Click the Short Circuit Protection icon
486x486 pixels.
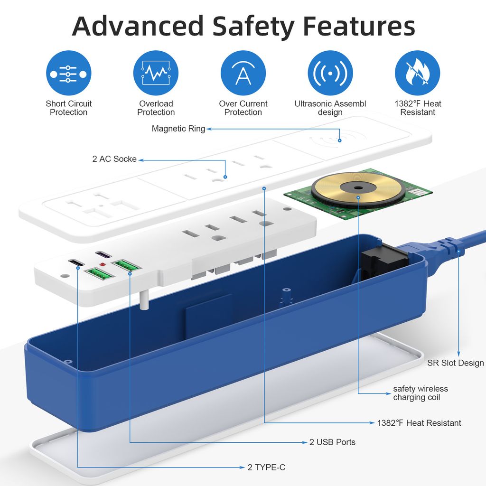click(x=68, y=74)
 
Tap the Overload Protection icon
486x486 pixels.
click(x=156, y=74)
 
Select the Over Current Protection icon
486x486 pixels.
click(x=243, y=74)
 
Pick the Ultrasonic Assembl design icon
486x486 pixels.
click(x=330, y=74)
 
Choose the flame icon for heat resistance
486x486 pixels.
click(x=417, y=74)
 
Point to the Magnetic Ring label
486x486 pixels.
click(x=178, y=129)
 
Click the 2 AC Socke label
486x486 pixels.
click(x=114, y=159)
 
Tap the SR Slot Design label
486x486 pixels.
click(x=456, y=363)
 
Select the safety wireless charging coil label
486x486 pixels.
click(x=420, y=393)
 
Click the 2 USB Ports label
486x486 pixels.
click(x=332, y=442)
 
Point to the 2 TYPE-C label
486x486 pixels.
click(x=266, y=467)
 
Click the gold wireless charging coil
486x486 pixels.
click(x=358, y=189)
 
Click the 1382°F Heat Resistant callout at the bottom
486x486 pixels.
click(x=419, y=423)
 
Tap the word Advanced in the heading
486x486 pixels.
click(x=138, y=27)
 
